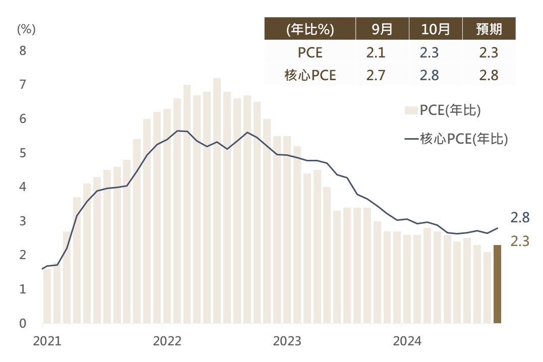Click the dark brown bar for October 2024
click(497, 284)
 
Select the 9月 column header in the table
click(382, 29)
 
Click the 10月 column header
click(436, 29)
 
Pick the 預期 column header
click(489, 29)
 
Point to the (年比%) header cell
click(310, 29)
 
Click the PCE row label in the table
click(310, 53)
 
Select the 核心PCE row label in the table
click(310, 76)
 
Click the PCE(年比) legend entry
click(443, 110)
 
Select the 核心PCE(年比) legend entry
click(456, 139)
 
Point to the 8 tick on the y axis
click(23, 51)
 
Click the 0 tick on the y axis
click(23, 323)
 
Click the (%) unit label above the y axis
click(26, 29)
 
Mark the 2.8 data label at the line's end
click(520, 218)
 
